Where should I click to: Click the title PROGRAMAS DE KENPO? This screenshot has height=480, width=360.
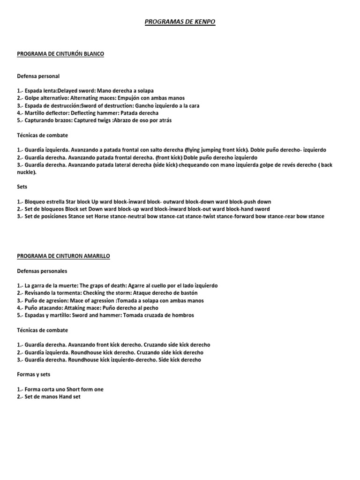point(180,22)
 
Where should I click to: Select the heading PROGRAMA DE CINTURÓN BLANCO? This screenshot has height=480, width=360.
point(60,54)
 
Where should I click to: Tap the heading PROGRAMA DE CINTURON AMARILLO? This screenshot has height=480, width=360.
point(64,256)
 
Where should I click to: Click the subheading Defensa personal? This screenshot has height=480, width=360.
point(38,75)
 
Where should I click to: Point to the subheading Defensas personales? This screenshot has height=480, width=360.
point(42,271)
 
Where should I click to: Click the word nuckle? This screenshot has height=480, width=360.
point(26,172)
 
